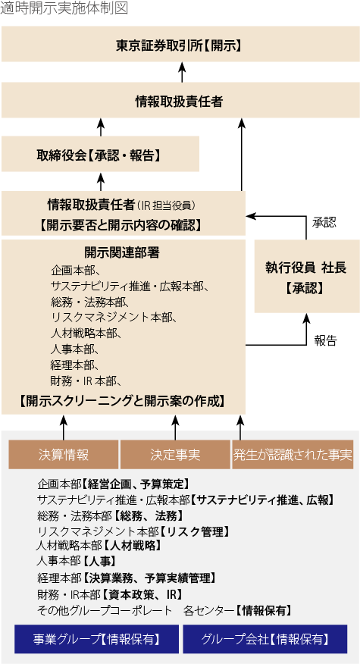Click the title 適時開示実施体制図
pos(64,8)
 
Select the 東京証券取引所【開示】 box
pos(180,45)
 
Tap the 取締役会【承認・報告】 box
pos(100,155)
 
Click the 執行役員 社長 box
pos(305,277)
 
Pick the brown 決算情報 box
pos(64,455)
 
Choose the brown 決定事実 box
pos(175,455)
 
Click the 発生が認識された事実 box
pos(293,455)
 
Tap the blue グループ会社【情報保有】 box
pos(265,639)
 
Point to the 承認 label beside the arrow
pos(324,223)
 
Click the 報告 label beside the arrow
pos(325,340)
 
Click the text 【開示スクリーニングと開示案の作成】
pos(123,400)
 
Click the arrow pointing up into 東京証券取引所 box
pos(182,72)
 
